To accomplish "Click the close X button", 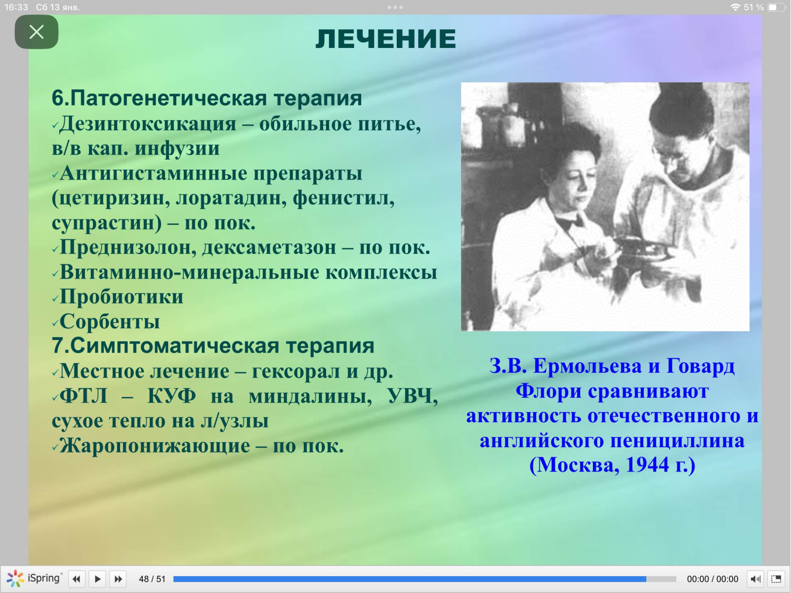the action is coord(37,32).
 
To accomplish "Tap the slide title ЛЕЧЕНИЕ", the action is coord(385,39).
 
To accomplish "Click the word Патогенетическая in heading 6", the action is coord(168,98).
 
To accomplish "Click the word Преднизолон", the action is coord(128,248).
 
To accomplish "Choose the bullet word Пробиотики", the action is coord(122,297).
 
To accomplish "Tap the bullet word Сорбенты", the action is coord(110,321).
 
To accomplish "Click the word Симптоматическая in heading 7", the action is coord(174,345).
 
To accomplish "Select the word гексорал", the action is coord(295,372).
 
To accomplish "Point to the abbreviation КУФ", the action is coord(171,396).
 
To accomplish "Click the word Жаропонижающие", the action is coord(155,446).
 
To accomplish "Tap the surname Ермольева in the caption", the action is coord(587,366).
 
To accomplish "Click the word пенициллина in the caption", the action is coord(677,441).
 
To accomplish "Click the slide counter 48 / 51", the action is coord(152,579).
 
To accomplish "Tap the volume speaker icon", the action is coord(755,579).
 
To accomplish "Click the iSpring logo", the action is coord(34,578).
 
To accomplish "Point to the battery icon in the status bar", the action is coord(776,7).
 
